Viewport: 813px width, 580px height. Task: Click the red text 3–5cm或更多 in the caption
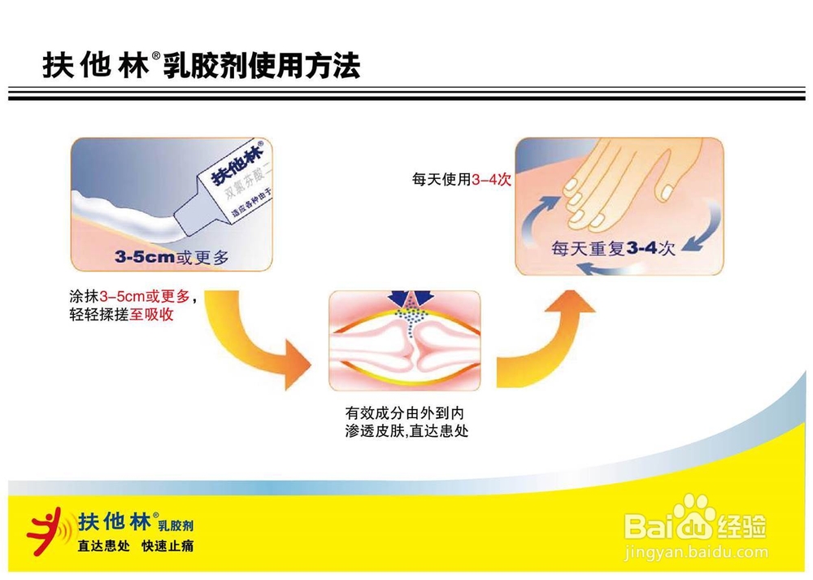pyautogui.click(x=144, y=298)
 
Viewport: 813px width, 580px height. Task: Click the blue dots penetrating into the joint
pyautogui.click(x=413, y=320)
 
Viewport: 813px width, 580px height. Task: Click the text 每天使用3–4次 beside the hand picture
pyautogui.click(x=462, y=181)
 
